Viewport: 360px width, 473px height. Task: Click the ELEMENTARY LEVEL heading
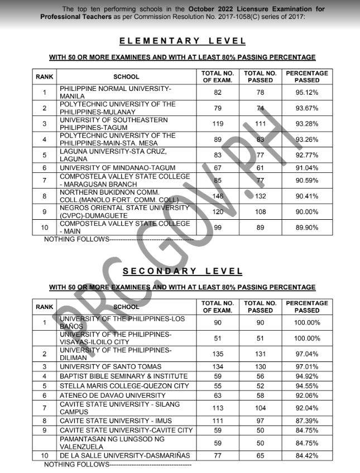click(183, 41)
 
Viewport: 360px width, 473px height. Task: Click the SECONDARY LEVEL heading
click(183, 271)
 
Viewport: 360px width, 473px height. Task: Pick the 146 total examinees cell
click(218, 196)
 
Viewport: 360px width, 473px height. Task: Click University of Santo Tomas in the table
click(111, 366)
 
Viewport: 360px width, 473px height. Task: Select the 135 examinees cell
click(218, 354)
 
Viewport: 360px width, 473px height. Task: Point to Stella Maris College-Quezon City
click(118, 385)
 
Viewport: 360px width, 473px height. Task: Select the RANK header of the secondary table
click(45, 307)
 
